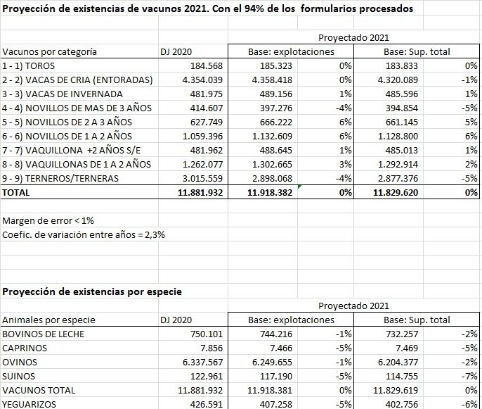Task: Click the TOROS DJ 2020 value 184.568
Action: pos(203,65)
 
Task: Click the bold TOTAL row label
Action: pos(17,192)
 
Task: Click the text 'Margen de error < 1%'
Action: pos(48,220)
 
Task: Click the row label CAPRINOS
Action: pos(25,348)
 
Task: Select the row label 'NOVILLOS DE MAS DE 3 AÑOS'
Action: pos(77,108)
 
